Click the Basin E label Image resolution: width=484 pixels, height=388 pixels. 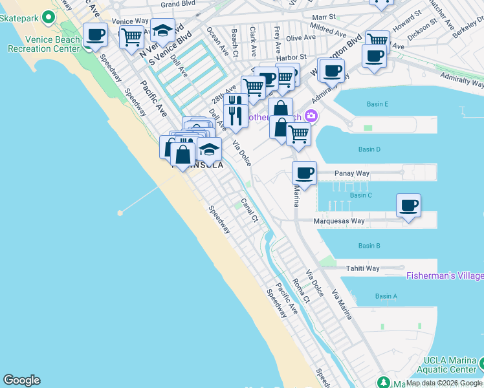click(x=377, y=104)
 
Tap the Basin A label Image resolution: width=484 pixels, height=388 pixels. click(x=386, y=296)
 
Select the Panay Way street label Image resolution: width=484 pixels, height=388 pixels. click(x=352, y=173)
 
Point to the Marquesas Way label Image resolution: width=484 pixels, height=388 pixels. click(x=339, y=221)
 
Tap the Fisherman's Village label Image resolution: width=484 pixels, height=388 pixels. click(x=445, y=276)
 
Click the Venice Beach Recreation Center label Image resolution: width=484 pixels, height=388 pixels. click(x=43, y=44)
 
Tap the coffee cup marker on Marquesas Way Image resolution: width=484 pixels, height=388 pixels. click(x=408, y=206)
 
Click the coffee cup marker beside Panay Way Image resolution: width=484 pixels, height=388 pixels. click(x=304, y=173)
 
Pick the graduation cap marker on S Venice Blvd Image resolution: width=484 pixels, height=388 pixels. click(x=162, y=30)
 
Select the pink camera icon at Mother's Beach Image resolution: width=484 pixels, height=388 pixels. click(x=311, y=116)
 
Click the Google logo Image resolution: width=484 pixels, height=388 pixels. click(x=21, y=380)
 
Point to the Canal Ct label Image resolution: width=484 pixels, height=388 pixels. click(x=250, y=210)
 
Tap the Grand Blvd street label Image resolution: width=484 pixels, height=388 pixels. click(x=179, y=5)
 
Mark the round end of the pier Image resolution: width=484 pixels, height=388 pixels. click(x=120, y=212)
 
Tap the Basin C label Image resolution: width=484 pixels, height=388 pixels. click(x=360, y=195)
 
